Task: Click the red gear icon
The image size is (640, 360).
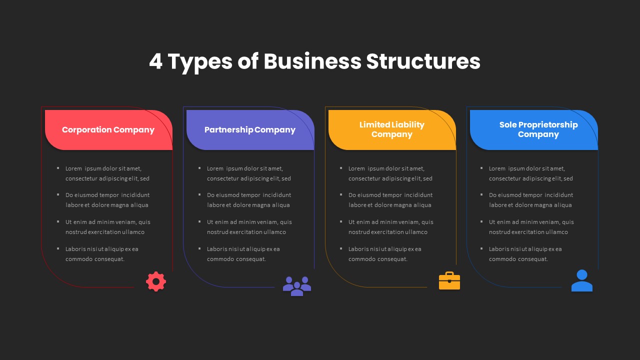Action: tap(156, 281)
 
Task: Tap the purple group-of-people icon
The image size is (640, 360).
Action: tap(297, 286)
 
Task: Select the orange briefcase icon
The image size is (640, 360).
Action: tap(449, 281)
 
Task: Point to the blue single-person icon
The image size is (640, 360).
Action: tap(582, 280)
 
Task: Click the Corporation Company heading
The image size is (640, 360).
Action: tap(108, 130)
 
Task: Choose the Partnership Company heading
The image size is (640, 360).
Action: tap(250, 130)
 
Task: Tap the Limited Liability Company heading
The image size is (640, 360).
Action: tap(392, 129)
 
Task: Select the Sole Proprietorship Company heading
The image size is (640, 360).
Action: tap(538, 129)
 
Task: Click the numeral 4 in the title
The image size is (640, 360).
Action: tap(156, 61)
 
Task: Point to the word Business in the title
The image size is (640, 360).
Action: tap(312, 61)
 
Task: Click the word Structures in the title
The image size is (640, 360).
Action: tap(423, 61)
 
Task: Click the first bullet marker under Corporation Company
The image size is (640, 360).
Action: tap(58, 168)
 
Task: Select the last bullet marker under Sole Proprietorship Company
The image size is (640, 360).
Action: tap(482, 248)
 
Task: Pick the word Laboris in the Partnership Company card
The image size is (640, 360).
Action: tap(217, 249)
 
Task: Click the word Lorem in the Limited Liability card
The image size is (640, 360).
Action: tap(356, 169)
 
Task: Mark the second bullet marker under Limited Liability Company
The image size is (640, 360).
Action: tap(341, 195)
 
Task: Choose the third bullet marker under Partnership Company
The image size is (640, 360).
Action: tap(200, 221)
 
